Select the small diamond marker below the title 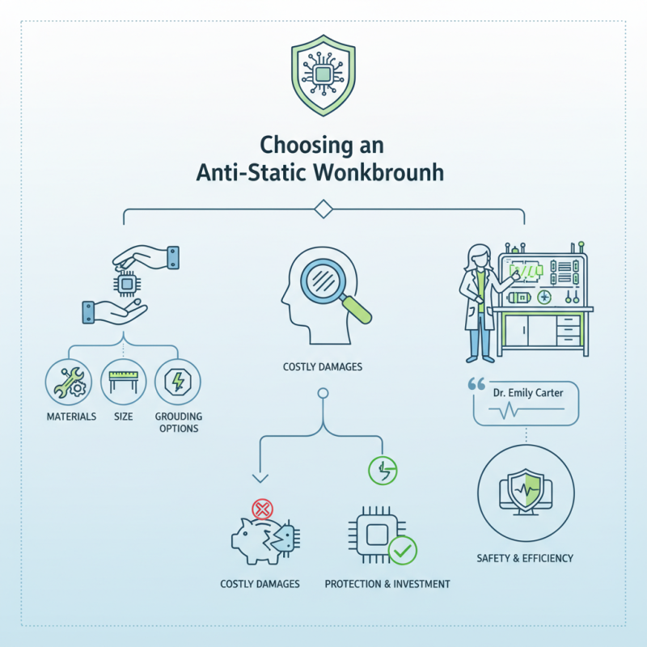pos(323,210)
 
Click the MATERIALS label pos(71,417)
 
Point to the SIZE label pos(124,417)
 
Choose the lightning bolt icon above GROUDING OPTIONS pos(178,380)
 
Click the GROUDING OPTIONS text pos(178,422)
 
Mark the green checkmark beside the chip pos(402,552)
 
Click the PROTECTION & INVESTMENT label pos(387,583)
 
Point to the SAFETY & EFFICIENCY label pos(526,558)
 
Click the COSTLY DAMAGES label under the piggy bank pos(260,583)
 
